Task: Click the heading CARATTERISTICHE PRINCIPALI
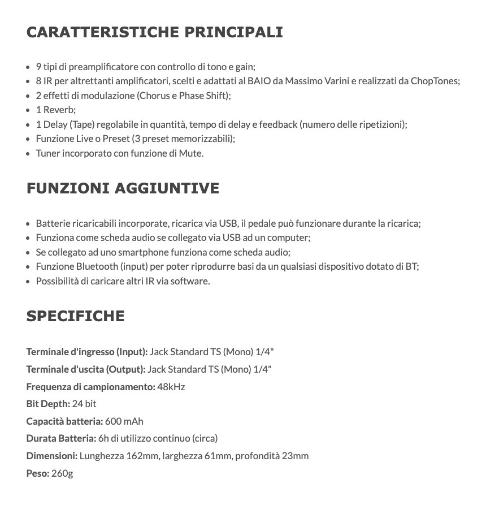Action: tap(154, 32)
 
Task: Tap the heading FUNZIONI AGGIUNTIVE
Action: tap(123, 188)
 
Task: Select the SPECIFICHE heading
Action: tap(75, 316)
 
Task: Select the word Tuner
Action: tap(47, 153)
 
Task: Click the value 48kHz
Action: tap(171, 387)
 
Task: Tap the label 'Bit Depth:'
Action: tap(48, 404)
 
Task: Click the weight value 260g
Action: tap(62, 473)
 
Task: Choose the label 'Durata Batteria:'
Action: tap(60, 438)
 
